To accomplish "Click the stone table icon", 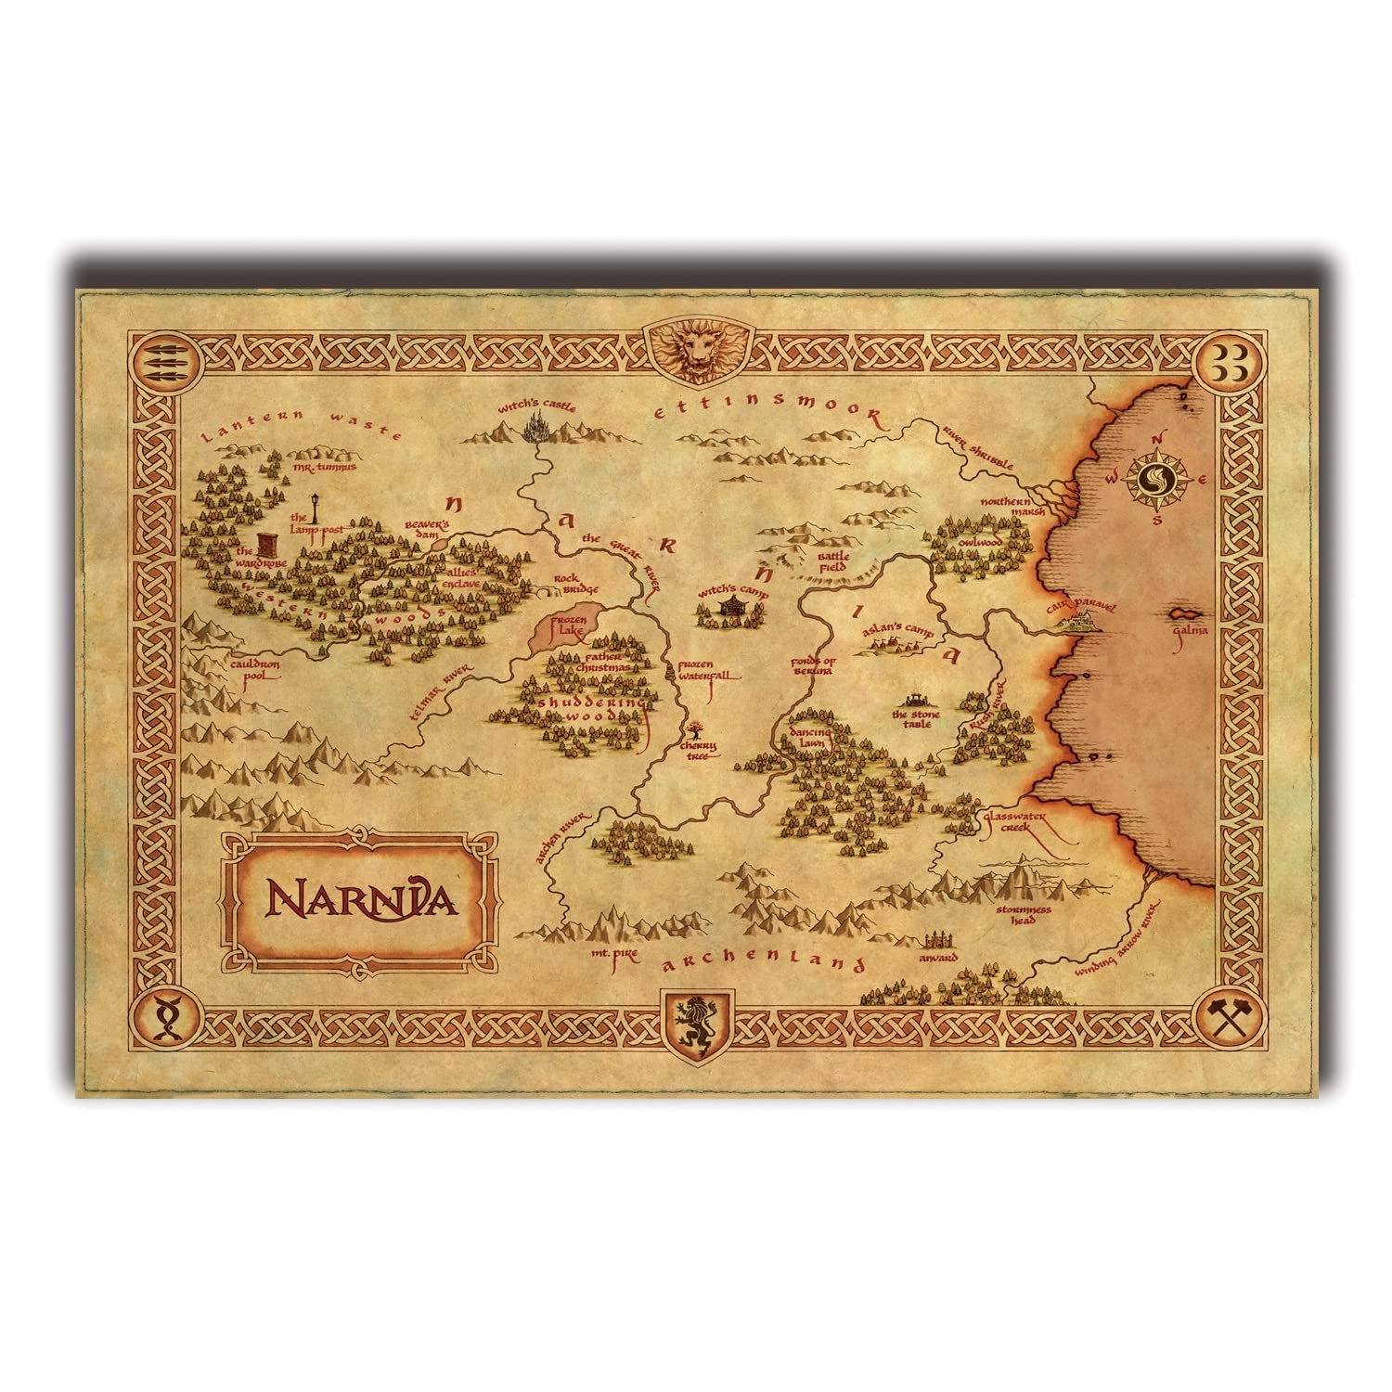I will pos(919,698).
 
